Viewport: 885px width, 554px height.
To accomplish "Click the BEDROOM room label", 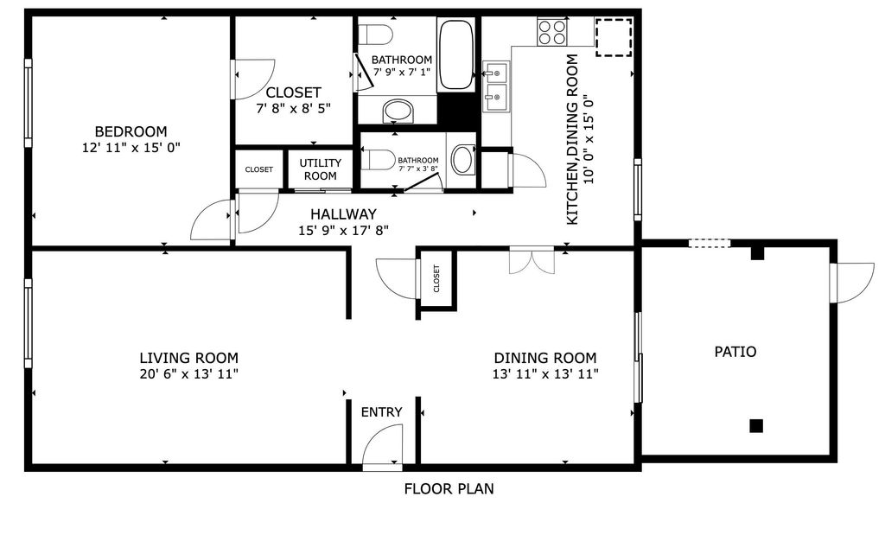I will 131,131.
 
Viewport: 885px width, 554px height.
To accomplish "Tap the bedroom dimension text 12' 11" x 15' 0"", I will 131,147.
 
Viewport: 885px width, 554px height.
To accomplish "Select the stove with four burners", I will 552,32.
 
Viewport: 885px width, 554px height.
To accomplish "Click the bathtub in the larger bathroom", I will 455,55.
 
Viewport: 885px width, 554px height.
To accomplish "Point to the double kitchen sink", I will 496,87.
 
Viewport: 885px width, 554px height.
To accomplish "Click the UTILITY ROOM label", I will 320,169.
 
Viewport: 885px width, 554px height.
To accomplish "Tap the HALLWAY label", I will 343,214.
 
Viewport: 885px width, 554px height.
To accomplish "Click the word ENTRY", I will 381,412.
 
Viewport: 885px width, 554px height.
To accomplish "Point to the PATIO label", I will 735,352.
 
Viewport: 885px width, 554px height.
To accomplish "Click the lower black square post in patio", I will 756,425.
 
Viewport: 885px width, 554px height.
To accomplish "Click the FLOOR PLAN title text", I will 449,489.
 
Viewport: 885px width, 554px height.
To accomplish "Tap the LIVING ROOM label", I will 189,358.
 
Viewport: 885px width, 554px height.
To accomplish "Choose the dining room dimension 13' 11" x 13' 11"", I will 545,374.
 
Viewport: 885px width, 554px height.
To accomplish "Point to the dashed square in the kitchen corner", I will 614,36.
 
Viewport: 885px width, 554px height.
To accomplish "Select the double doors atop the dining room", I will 532,260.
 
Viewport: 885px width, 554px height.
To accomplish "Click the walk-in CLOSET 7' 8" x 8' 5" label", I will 293,92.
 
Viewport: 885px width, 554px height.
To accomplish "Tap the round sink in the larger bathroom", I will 398,110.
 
